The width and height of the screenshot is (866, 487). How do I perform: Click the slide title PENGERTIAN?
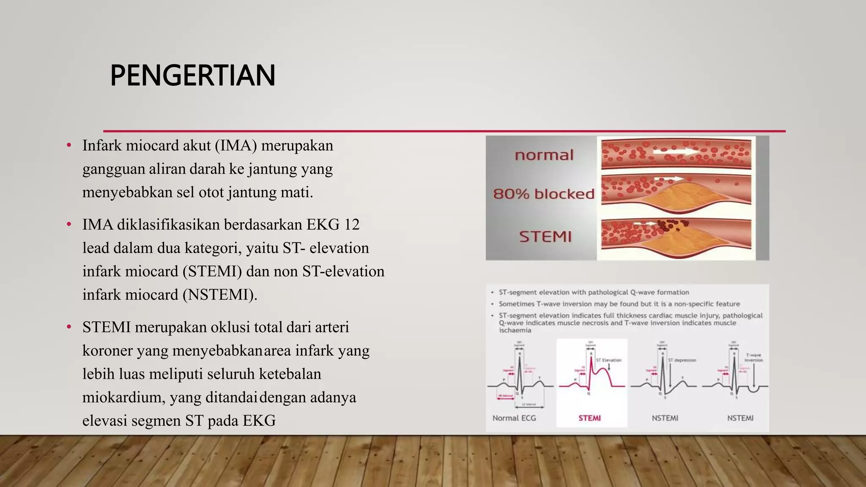[x=192, y=76]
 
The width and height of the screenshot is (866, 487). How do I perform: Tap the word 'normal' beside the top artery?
[x=544, y=155]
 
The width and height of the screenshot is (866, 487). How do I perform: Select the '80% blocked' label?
[x=544, y=194]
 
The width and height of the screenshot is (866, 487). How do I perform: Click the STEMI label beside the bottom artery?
[x=545, y=236]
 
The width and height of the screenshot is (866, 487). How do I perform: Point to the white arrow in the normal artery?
[x=677, y=151]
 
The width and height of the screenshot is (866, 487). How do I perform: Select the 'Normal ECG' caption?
[x=514, y=418]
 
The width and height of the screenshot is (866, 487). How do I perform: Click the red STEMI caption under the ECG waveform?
[x=589, y=418]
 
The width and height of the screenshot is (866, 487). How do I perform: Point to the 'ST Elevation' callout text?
[x=608, y=360]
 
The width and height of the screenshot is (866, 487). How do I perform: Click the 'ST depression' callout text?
[x=682, y=360]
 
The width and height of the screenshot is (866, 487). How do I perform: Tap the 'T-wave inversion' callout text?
[x=754, y=358]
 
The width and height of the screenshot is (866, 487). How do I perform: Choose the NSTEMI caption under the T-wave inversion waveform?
[x=740, y=418]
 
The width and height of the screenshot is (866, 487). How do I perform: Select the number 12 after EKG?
[x=351, y=224]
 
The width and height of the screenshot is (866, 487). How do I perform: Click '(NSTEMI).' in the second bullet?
[x=220, y=295]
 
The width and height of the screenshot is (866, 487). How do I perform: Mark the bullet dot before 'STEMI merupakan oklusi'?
[x=69, y=328]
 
